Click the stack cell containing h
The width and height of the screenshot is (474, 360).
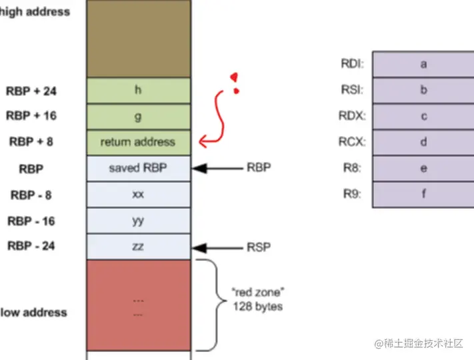pos(138,90)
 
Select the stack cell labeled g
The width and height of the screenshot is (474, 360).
pos(138,116)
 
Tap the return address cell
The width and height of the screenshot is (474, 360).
pos(138,142)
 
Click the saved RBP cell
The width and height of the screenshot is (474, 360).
pos(138,168)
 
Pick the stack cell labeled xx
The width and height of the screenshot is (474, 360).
pos(138,194)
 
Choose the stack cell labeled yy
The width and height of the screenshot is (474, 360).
pos(138,220)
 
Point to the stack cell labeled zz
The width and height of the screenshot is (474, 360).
pos(138,246)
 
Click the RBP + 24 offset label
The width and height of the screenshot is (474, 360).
pos(31,91)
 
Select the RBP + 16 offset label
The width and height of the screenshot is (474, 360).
pos(31,116)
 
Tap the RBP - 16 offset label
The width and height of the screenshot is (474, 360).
pos(31,221)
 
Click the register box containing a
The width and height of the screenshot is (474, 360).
pos(423,65)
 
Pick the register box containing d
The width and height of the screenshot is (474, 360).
pos(423,142)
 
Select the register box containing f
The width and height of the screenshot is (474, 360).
pos(423,194)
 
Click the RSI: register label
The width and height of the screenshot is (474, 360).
pos(351,90)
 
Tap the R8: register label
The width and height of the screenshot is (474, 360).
pos(351,168)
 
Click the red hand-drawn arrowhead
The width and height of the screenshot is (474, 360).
pos(203,141)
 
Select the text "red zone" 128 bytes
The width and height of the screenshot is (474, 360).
pos(257,299)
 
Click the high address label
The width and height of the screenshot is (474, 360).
pos(35,12)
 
